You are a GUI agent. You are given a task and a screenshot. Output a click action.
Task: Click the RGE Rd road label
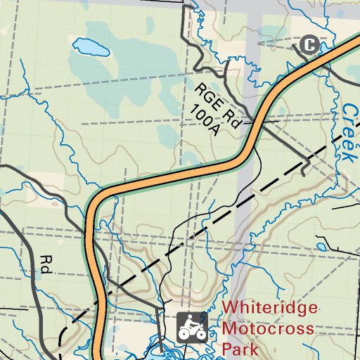coord(218,104)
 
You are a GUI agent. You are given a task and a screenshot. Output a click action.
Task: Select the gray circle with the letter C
coord(309,45)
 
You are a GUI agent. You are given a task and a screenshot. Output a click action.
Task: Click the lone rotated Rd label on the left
coord(46,264)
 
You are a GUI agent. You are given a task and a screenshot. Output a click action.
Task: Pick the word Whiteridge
coord(269,309)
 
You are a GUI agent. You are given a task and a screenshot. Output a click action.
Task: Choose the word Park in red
coord(237,348)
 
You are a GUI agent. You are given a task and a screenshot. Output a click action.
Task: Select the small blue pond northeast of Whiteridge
coord(322,247)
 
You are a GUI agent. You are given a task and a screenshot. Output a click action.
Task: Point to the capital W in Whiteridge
coord(230,309)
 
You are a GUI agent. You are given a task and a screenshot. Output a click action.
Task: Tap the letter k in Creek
coord(352,157)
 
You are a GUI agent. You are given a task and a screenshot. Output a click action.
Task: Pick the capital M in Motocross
coord(229,328)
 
